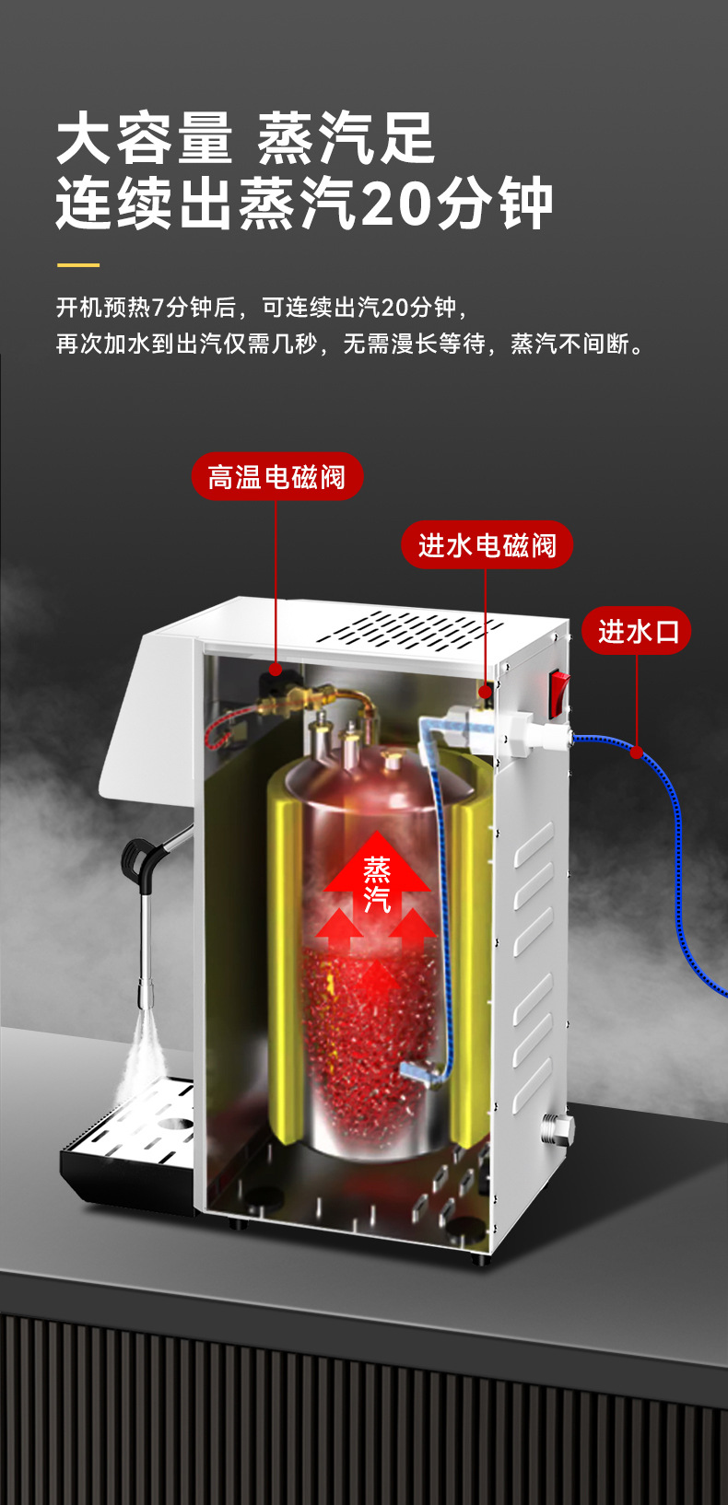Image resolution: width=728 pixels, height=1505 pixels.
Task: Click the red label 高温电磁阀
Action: tap(276, 477)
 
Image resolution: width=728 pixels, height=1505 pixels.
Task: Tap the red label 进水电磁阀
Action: tap(487, 545)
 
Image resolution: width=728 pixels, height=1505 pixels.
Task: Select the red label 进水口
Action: tap(637, 632)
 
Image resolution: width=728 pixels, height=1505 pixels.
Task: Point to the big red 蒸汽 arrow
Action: tap(377, 875)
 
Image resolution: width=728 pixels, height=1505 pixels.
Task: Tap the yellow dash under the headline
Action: tap(77, 265)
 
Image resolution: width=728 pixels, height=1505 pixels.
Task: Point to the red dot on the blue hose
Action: tap(636, 752)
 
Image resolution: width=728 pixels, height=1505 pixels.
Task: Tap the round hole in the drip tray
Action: tap(172, 1124)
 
